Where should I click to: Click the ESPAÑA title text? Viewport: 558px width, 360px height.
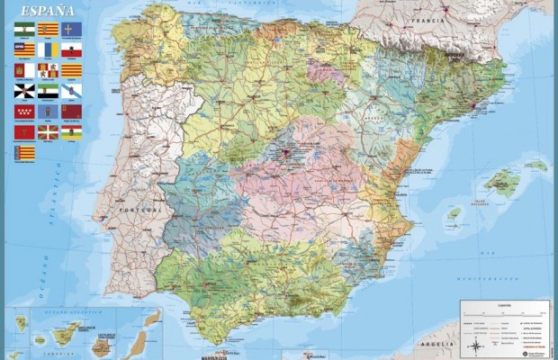pyautogui.click(x=43, y=11)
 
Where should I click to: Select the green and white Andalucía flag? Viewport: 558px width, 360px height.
pyautogui.click(x=23, y=30)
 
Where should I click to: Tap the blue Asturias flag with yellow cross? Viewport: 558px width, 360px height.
pyautogui.click(x=71, y=30)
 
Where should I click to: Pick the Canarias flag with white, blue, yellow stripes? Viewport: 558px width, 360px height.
pyautogui.click(x=48, y=50)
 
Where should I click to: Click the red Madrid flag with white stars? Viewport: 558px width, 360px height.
pyautogui.click(x=23, y=112)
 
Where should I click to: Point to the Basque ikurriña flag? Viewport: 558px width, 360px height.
pyautogui.click(x=48, y=132)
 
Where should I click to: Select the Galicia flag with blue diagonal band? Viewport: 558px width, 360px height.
pyautogui.click(x=71, y=91)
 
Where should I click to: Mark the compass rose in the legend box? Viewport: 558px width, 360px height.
pyautogui.click(x=473, y=346)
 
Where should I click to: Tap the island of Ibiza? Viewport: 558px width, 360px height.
pyautogui.click(x=454, y=214)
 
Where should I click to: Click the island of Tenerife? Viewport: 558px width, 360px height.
pyautogui.click(x=67, y=335)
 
